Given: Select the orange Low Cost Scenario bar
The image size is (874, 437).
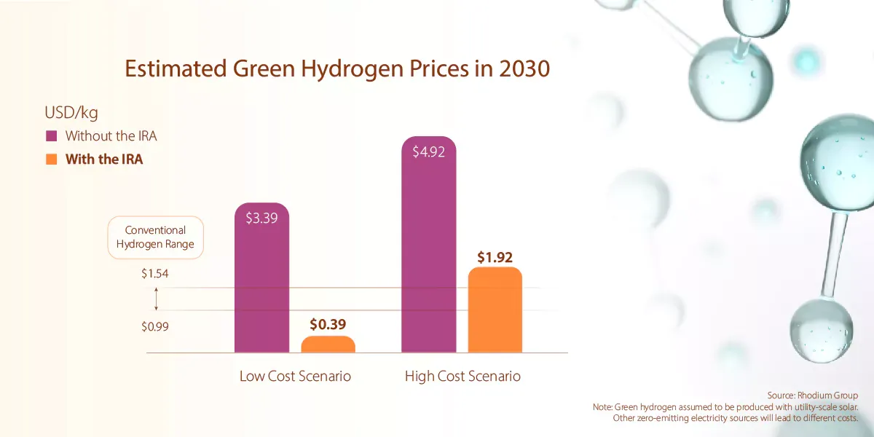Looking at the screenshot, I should coord(328,345).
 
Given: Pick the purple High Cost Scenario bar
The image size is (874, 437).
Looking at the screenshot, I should coord(429,255).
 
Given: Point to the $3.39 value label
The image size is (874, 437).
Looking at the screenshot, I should coord(261,218).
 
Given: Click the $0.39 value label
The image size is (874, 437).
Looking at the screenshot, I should coord(328,323).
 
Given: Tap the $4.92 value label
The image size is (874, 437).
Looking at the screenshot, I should coord(428,152).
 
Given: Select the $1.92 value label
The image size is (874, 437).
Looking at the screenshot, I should coord(495,256).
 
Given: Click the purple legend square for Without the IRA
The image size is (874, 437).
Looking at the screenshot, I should coord(51,136).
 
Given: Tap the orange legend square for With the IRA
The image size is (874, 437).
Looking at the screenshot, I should coord(51,160).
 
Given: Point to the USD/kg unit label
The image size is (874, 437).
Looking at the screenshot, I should coord(71,113).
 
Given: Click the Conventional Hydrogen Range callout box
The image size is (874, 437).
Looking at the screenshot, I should coord(155,237).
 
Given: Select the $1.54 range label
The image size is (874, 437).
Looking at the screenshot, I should coord(155,274).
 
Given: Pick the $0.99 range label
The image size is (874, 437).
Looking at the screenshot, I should coord(155,326).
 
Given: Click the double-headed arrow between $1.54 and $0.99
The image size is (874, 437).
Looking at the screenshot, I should coord(156,299).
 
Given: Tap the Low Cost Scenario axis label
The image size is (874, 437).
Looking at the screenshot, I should coord(295,377).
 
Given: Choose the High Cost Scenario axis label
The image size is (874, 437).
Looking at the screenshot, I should coord(462,377).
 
